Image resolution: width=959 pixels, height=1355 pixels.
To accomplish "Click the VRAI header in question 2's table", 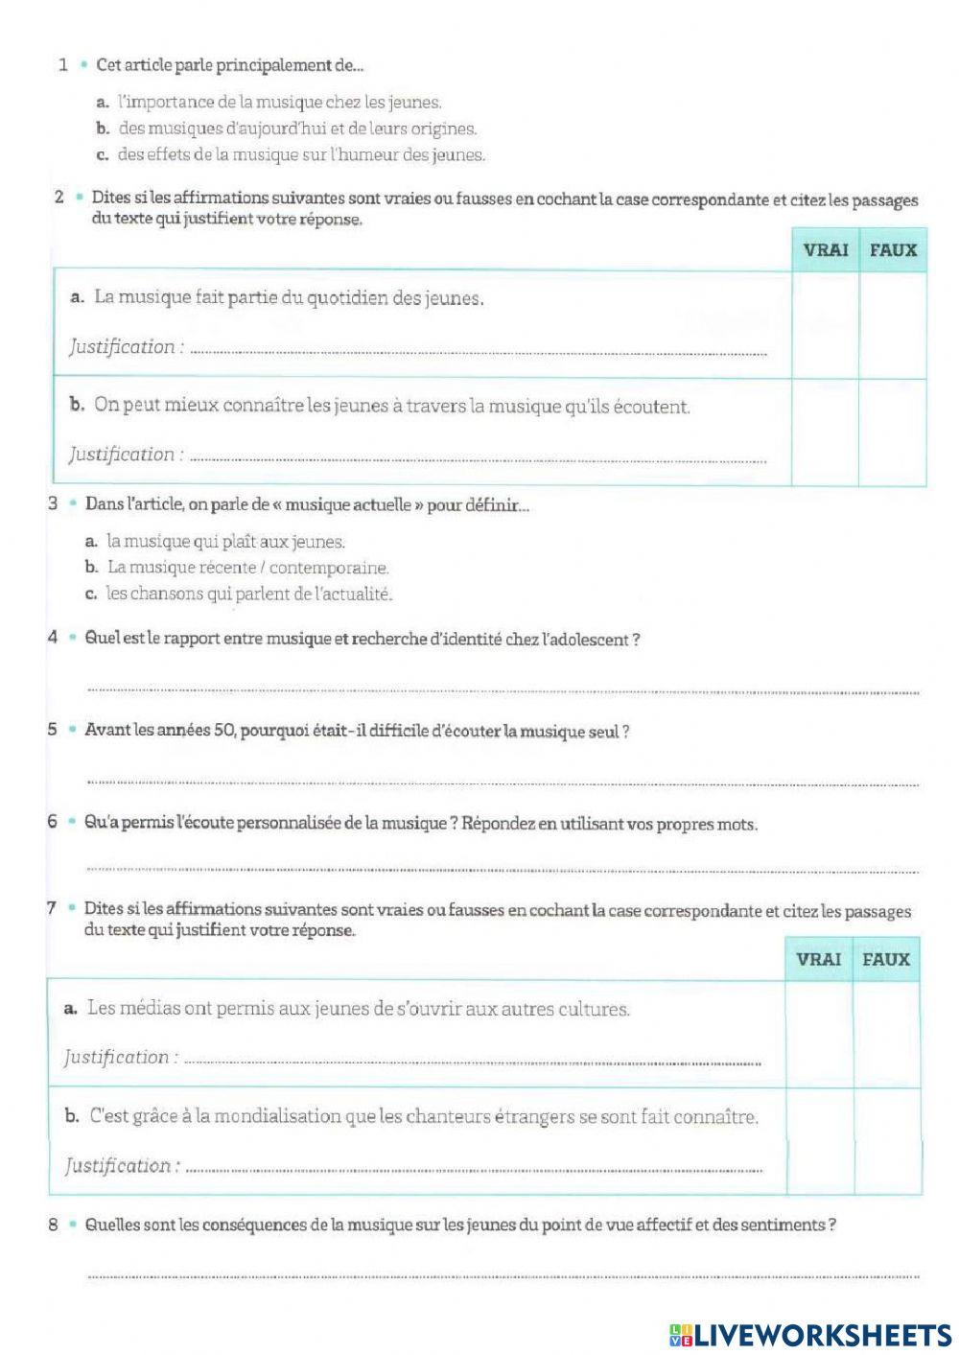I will pos(825,250).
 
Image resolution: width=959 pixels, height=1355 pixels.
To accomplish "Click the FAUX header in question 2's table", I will pos(893,250).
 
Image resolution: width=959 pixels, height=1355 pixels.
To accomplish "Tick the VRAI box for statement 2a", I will pos(825,325).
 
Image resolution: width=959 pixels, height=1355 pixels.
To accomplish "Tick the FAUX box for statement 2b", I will pos(893,432).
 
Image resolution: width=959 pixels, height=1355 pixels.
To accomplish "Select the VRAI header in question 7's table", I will pos(818,959).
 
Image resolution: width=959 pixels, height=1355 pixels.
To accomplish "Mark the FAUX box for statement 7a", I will pos(886,1034).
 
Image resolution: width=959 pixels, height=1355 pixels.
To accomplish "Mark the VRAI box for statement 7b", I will pos(818,1141).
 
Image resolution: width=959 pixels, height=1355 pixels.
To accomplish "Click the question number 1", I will pos(63,65).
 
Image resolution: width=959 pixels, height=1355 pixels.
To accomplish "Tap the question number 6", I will pos(53,823).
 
